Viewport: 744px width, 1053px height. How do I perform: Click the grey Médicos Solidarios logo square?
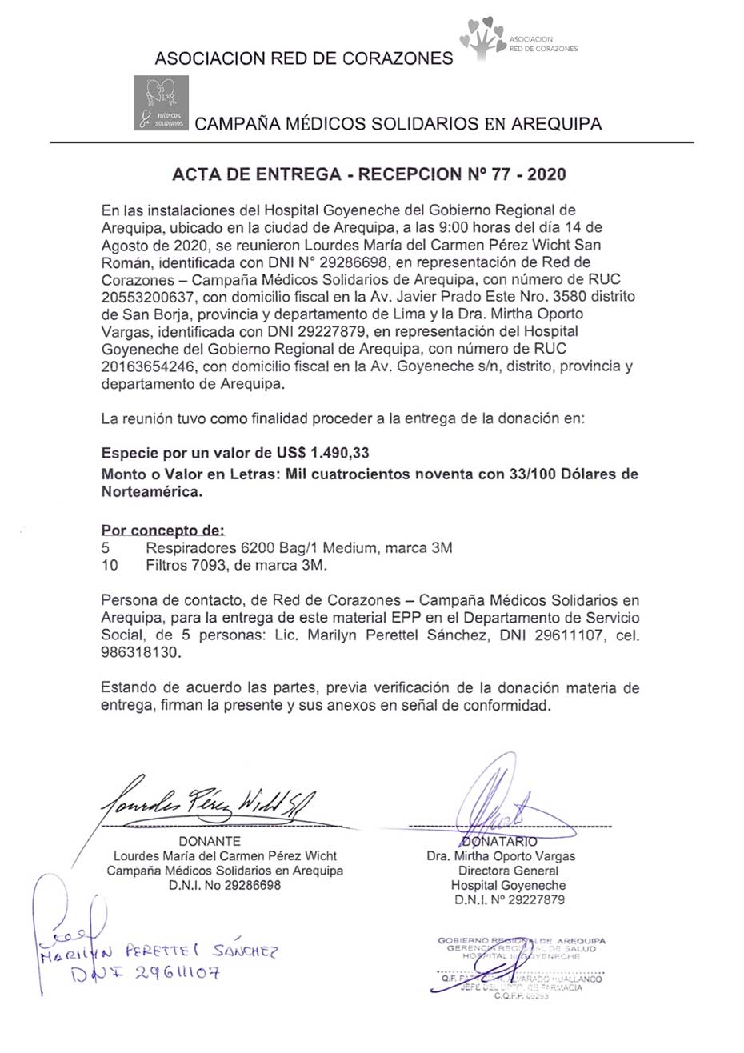point(161,102)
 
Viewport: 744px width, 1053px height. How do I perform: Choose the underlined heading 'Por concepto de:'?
point(163,531)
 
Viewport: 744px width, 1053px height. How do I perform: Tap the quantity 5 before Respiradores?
point(106,548)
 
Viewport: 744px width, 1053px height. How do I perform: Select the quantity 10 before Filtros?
point(110,565)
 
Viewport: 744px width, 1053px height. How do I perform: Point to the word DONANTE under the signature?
point(209,841)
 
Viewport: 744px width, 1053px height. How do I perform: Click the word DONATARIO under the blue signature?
point(501,842)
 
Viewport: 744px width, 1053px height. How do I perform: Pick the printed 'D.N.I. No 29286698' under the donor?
point(225,886)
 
